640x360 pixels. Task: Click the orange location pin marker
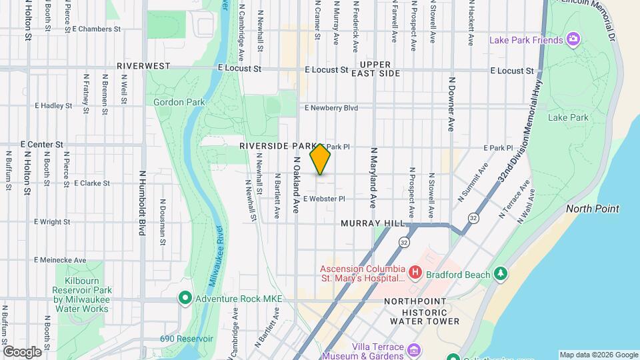(321, 159)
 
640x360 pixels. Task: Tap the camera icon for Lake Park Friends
(573, 39)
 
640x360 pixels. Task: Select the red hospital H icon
(415, 272)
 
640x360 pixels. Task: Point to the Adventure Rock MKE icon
(185, 297)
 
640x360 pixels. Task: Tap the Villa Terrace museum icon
(414, 350)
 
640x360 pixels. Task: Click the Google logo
(22, 351)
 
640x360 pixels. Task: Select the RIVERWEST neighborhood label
(143, 67)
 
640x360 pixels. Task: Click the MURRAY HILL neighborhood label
(373, 224)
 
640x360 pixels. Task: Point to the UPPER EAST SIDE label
(380, 69)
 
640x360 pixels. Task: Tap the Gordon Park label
(173, 102)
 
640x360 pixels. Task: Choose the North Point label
(592, 209)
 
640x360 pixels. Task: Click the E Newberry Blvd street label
(331, 107)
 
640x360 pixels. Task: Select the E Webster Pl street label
(324, 199)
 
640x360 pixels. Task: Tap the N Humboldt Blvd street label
(142, 203)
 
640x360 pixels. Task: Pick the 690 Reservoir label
(186, 339)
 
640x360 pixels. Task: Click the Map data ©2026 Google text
(598, 355)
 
